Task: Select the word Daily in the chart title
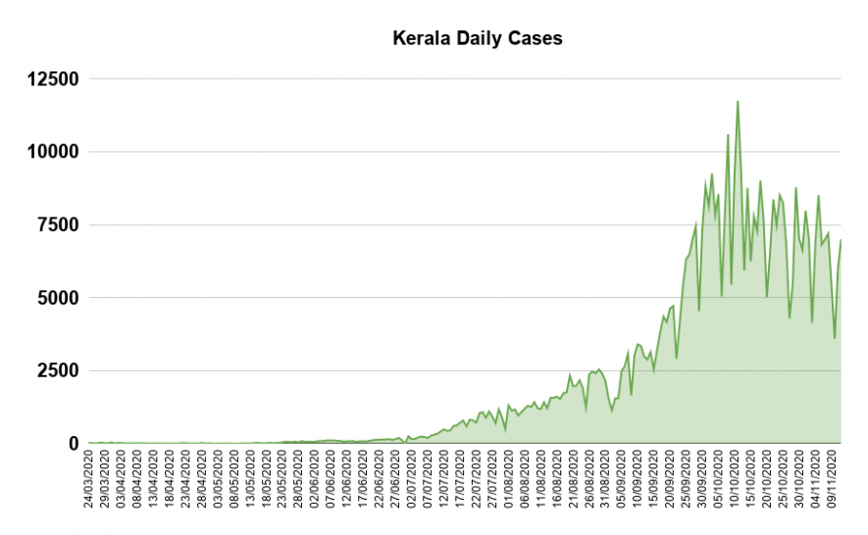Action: pos(477,39)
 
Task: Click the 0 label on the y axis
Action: pos(72,444)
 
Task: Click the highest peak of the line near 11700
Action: pos(738,101)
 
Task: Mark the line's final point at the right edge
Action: pos(842,240)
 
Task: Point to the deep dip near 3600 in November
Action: pos(835,338)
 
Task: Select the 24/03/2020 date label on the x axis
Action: pos(90,481)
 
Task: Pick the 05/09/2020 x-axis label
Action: pos(624,481)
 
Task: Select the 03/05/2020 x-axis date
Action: pos(219,481)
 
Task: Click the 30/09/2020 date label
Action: pos(704,481)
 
